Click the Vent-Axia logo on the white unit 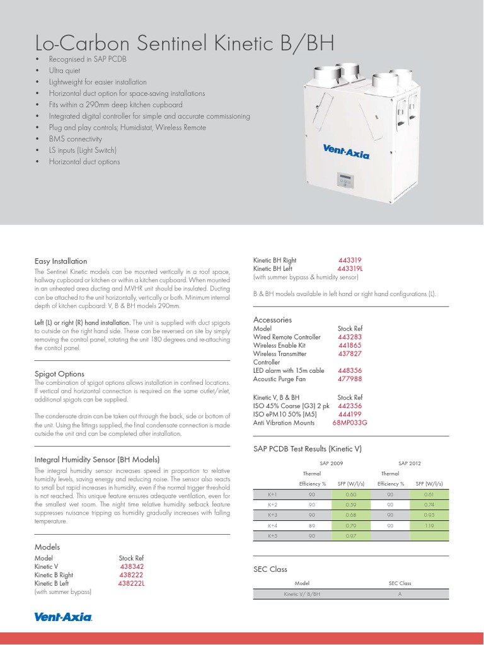[x=346, y=151]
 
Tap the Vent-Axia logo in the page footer [x=63, y=617]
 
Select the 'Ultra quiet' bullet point [x=68, y=71]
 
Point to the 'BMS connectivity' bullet [x=76, y=139]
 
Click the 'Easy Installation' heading [x=60, y=261]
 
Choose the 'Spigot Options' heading [x=59, y=374]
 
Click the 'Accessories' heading [x=273, y=319]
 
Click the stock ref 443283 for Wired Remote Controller [x=350, y=337]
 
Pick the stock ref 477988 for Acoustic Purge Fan [x=350, y=379]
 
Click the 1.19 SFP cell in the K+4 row [x=429, y=525]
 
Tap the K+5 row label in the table [x=273, y=535]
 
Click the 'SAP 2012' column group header [x=410, y=462]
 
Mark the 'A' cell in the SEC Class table [x=400, y=594]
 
